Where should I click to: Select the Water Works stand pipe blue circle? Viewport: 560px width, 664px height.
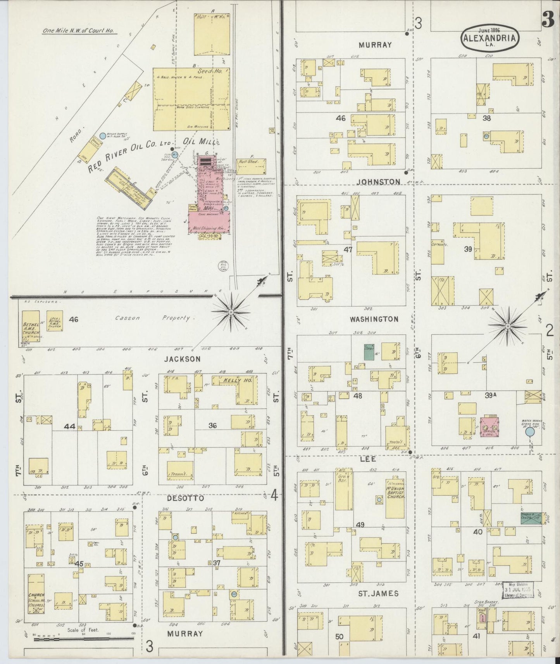(529, 432)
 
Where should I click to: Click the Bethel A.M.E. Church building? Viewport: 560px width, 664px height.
(30, 327)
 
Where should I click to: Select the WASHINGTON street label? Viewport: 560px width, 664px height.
(374, 319)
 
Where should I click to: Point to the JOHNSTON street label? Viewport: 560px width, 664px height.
(378, 182)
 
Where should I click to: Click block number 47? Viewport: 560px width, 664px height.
(348, 250)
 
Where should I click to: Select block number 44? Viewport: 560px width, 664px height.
(70, 426)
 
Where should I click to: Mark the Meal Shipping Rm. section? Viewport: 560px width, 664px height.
(209, 229)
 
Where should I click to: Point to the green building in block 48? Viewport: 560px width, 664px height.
(369, 352)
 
